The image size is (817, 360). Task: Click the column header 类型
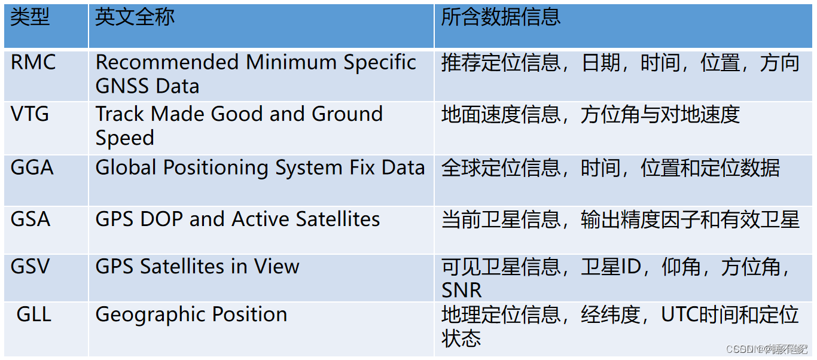30,17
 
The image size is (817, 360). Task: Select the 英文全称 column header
135,17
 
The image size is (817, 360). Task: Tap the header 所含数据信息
501,17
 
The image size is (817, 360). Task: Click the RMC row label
33,62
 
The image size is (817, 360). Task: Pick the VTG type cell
30,114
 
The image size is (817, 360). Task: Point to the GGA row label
32,167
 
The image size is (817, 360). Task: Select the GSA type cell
31,219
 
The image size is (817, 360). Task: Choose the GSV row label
31,266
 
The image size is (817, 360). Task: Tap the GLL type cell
34,315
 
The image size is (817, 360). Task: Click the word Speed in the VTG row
125,138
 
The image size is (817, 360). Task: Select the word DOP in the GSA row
162,219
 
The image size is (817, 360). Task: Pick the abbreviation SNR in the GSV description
462,291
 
